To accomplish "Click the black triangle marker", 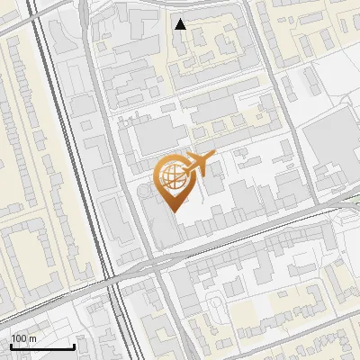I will coord(181,24).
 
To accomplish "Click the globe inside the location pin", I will coord(172,176).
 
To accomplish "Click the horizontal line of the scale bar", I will coord(41,347).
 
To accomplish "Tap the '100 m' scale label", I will coord(23,338).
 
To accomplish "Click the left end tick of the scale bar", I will coord(10,345).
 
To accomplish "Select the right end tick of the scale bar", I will coord(74,345).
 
